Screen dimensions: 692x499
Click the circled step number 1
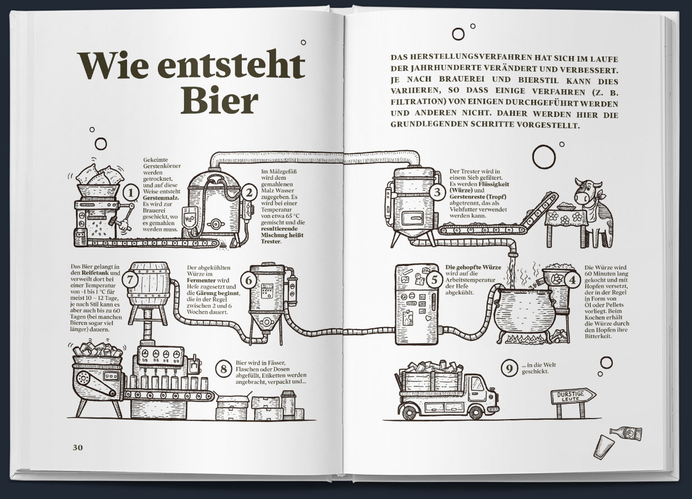(131, 193)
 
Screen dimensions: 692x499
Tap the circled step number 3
(437, 192)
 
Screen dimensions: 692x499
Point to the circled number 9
(509, 368)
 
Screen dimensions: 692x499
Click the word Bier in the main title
(220, 100)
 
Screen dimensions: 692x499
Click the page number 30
(78, 447)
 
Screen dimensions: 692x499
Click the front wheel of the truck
(476, 412)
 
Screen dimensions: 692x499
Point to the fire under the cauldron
(525, 339)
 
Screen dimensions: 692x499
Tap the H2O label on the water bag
(189, 218)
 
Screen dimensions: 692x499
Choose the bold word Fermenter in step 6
(201, 280)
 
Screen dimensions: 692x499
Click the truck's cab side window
(477, 384)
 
